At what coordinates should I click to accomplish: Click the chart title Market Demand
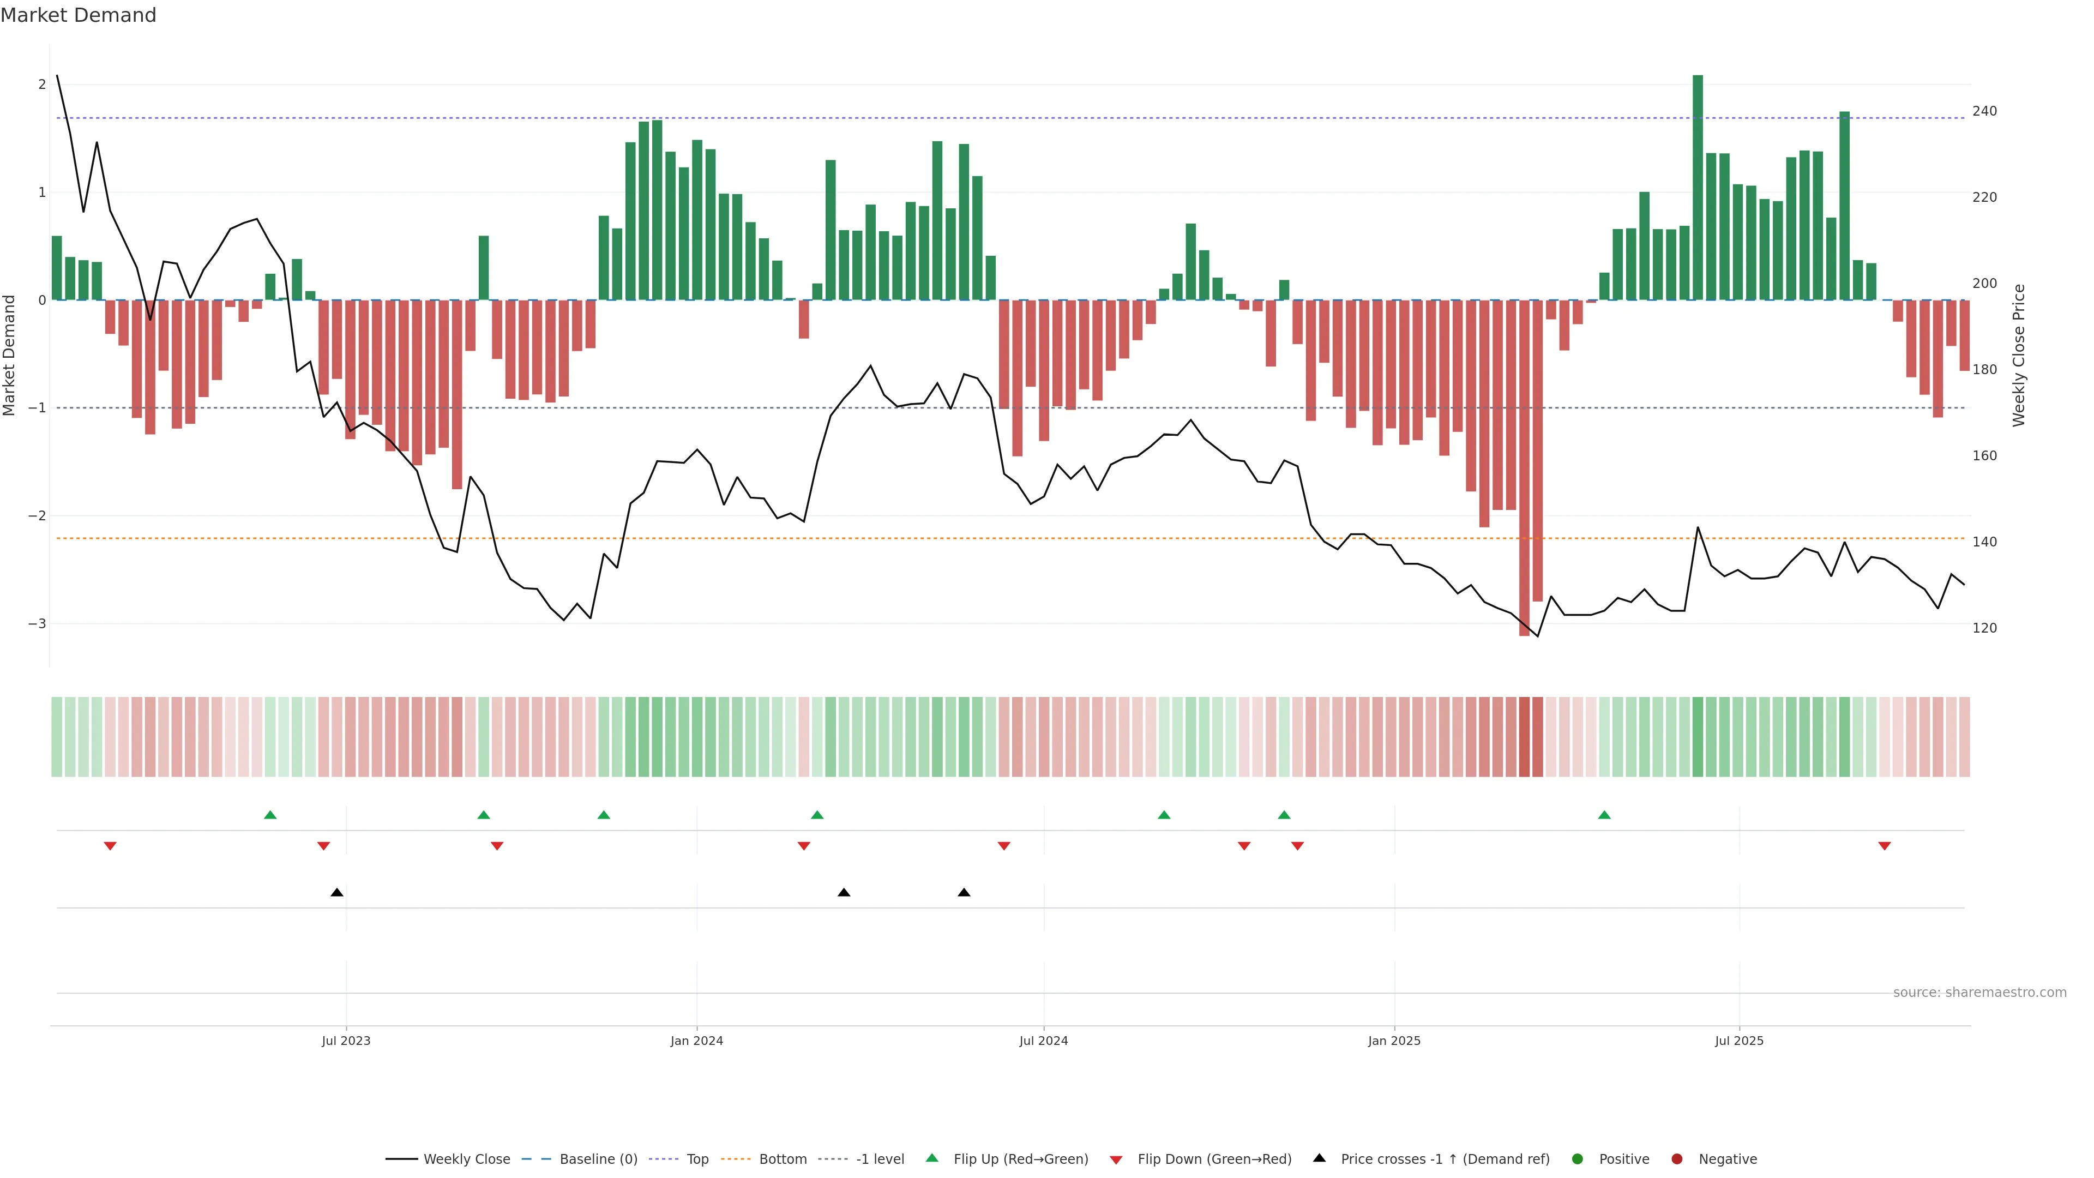point(78,15)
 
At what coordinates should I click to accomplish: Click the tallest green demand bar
point(1698,187)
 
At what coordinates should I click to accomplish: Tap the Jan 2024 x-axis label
point(697,1041)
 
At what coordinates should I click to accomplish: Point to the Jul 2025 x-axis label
point(1739,1041)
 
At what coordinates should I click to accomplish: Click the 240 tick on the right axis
point(1984,111)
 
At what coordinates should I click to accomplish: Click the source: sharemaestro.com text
point(1979,993)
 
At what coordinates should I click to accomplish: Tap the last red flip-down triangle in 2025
point(1884,846)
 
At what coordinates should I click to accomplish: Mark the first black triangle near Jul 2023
point(338,893)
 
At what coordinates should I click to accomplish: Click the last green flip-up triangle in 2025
point(1604,815)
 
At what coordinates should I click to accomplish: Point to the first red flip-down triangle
point(111,846)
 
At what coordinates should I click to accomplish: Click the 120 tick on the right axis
point(1984,628)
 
